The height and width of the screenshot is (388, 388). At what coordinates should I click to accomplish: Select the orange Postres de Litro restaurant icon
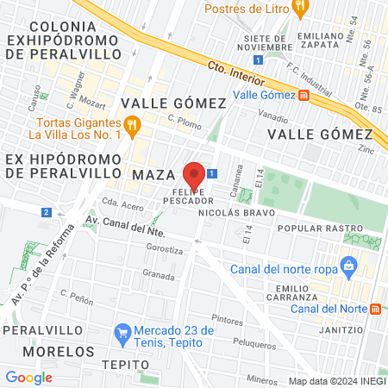[x=300, y=9]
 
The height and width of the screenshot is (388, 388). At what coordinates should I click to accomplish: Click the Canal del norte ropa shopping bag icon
[x=348, y=265]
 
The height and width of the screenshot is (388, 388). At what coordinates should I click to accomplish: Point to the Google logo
[x=28, y=377]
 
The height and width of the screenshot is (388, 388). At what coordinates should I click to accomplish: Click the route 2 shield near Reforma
[x=45, y=212]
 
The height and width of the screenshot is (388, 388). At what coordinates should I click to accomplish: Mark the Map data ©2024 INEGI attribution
[x=336, y=381]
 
